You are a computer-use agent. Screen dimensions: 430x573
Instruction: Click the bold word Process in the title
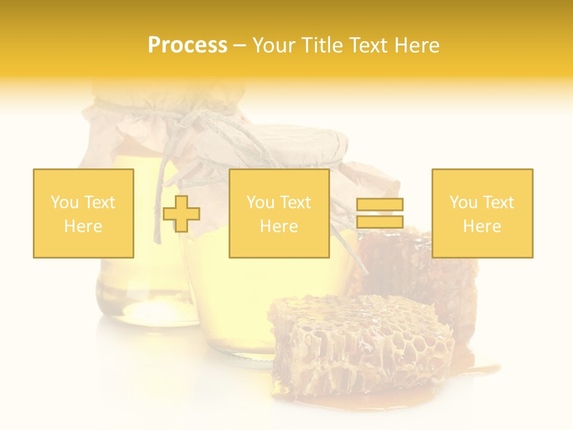point(187,45)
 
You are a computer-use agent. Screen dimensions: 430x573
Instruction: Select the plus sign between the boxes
point(181,214)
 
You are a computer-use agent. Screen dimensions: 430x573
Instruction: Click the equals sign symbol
point(380,213)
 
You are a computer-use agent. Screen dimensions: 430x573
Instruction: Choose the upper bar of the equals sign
point(380,205)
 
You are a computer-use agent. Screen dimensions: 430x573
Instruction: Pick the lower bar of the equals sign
point(380,222)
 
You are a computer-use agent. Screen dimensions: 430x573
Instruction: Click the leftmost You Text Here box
point(83,213)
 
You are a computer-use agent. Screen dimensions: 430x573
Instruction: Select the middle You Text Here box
point(279,213)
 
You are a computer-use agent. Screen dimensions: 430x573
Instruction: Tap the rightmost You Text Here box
point(482,213)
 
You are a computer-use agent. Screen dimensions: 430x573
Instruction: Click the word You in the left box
point(64,202)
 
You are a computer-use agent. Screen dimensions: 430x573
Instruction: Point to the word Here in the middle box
point(279,226)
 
